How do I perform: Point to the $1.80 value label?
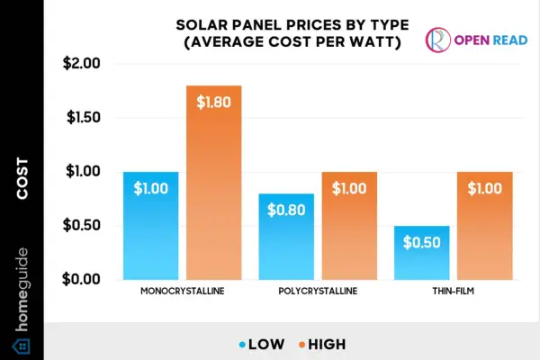click(x=217, y=101)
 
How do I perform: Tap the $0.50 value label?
click(x=420, y=244)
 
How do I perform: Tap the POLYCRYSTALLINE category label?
click(x=319, y=293)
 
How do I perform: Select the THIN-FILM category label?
click(x=451, y=293)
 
